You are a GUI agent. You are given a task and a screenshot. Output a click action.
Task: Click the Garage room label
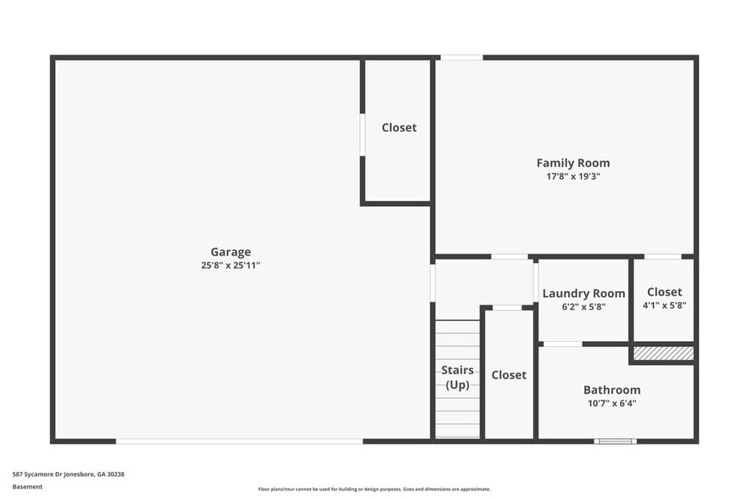pos(230,251)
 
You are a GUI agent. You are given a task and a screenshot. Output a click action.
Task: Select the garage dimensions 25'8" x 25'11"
pos(230,265)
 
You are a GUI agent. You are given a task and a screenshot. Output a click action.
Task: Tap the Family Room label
pos(572,163)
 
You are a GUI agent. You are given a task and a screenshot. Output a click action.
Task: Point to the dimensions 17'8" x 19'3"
pos(572,177)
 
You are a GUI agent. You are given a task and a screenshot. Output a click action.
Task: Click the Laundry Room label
pos(583,294)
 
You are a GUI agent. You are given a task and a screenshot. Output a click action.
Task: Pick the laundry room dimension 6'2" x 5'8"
pos(583,306)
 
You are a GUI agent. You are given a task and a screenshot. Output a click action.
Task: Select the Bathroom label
pos(611,390)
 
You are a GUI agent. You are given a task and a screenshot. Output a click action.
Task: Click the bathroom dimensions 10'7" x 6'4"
pos(611,403)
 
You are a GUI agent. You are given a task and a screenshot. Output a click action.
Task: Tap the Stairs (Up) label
pos(457,378)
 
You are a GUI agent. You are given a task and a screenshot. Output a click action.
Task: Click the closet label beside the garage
pos(398,127)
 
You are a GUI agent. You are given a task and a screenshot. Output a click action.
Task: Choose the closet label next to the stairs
pos(509,374)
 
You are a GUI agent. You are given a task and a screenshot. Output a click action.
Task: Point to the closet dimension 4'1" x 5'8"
pos(664,306)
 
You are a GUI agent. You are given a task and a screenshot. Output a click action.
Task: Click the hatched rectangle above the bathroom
pos(663,352)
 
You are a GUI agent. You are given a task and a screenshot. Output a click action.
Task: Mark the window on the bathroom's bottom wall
pos(615,440)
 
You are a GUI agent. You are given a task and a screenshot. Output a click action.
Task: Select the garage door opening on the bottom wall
pos(239,440)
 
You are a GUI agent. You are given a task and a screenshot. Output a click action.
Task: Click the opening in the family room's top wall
pos(461,58)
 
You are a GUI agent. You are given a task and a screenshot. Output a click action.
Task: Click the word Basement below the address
pos(27,486)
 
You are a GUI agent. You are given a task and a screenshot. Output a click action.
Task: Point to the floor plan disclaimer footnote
pos(374,489)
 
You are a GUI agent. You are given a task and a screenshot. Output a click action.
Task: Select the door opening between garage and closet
pos(363,134)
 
